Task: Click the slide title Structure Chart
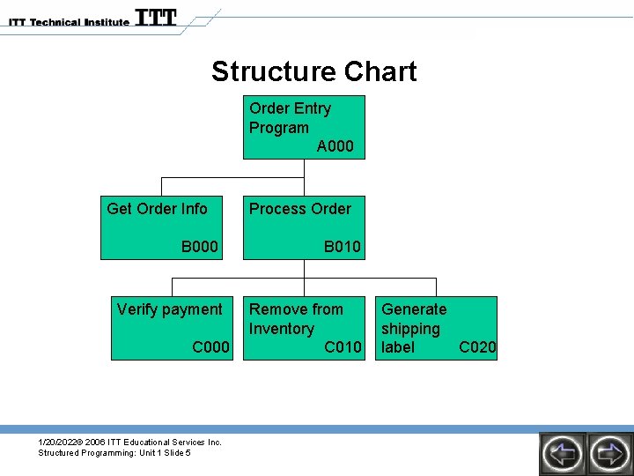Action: (313, 71)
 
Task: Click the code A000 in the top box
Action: (335, 146)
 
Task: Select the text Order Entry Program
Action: (290, 118)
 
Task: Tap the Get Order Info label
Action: (157, 209)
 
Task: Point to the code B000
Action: (200, 247)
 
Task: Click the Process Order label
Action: (299, 209)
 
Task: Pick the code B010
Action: (342, 247)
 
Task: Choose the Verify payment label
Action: (169, 309)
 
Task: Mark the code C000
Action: (210, 347)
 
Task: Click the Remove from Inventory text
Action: (295, 319)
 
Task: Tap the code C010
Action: (343, 347)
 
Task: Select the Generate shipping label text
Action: (413, 328)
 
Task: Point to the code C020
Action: (478, 347)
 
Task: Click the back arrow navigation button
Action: (562, 454)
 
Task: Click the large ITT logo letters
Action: (156, 18)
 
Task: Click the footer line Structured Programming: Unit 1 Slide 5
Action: (114, 453)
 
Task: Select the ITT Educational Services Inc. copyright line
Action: (129, 442)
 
